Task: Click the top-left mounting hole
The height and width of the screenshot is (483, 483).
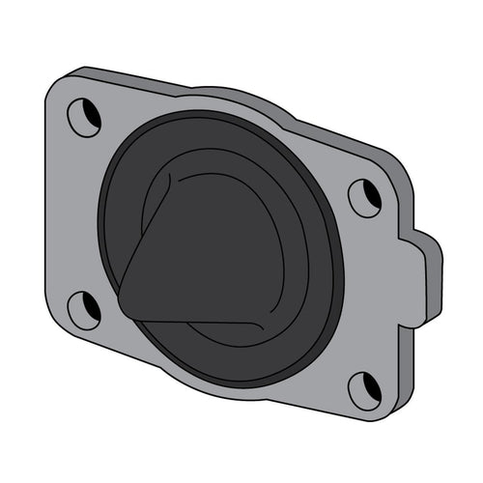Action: (84, 117)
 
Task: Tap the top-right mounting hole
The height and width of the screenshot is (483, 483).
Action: (365, 197)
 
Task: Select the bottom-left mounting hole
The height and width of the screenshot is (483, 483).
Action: (84, 309)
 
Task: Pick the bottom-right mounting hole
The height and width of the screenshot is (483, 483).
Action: (365, 390)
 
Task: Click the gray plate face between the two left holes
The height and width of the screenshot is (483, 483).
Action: (72, 213)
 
